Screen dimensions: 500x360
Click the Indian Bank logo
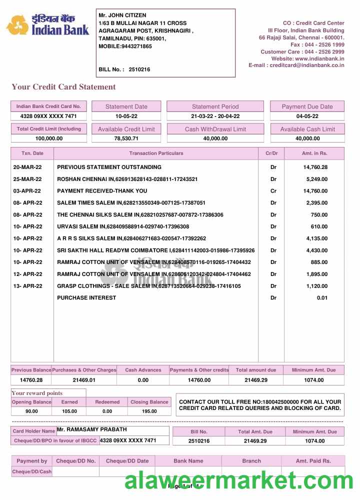tap(47, 24)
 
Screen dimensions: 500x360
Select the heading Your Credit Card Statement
tap(63, 87)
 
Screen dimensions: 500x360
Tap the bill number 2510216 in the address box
tap(139, 69)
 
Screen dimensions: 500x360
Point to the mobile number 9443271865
tap(136, 46)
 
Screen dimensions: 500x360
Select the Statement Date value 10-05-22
tap(126, 116)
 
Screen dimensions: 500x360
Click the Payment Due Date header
tap(307, 106)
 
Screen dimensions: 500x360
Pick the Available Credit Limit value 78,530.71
tap(126, 138)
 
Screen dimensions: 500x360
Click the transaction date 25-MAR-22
tap(27, 179)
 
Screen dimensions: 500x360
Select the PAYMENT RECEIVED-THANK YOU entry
tap(102, 191)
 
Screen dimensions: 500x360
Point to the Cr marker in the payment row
tap(273, 191)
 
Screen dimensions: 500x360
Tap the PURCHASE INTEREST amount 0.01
tap(322, 298)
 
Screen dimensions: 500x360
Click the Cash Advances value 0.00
tap(143, 380)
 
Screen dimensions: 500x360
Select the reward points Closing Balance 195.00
tap(149, 411)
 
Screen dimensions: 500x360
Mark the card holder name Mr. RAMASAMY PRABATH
tap(91, 429)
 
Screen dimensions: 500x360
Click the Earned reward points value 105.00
tap(69, 411)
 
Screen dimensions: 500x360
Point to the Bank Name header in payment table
tap(188, 461)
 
